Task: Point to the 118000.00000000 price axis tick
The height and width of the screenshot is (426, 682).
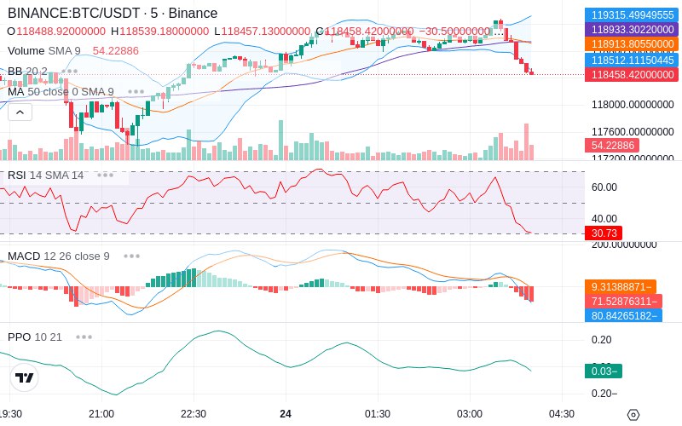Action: (632, 105)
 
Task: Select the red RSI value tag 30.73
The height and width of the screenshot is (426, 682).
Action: (603, 233)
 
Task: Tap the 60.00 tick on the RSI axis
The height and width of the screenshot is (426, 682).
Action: (604, 187)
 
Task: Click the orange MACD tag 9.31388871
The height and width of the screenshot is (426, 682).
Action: (620, 287)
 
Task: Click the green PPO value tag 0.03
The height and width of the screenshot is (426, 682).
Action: (603, 371)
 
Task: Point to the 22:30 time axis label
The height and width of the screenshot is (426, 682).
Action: (194, 414)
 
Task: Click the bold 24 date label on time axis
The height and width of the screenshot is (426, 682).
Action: (286, 414)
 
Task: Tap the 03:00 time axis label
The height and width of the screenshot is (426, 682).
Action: (470, 414)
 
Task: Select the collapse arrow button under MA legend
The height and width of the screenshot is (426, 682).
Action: (20, 112)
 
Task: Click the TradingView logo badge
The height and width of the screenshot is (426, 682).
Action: (25, 377)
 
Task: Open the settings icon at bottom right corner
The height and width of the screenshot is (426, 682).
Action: (633, 415)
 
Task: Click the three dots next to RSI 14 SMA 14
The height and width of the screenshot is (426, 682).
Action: (105, 175)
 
